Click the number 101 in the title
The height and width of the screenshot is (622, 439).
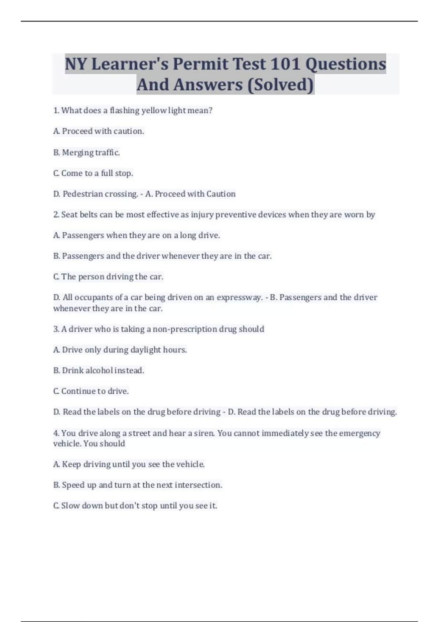(x=285, y=64)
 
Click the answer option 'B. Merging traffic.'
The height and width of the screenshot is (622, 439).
(x=87, y=152)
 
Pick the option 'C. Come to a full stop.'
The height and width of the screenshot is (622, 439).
(x=93, y=173)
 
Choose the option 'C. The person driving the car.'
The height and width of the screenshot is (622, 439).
(x=108, y=277)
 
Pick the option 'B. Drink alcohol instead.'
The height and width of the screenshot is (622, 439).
(x=99, y=371)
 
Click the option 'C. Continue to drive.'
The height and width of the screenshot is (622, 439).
(x=91, y=391)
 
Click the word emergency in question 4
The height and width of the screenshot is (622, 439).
(x=359, y=433)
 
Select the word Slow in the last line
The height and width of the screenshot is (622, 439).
(x=70, y=506)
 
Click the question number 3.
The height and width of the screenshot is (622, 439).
(x=56, y=329)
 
